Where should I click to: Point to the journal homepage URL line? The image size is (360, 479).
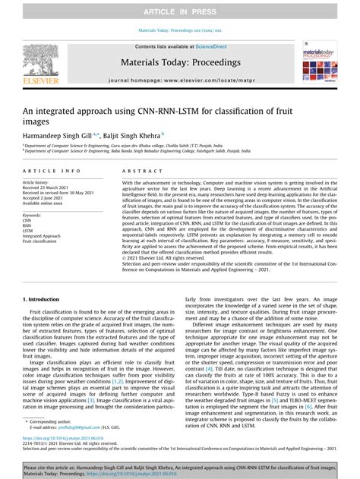180,80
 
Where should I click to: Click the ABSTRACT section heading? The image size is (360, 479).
142,172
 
